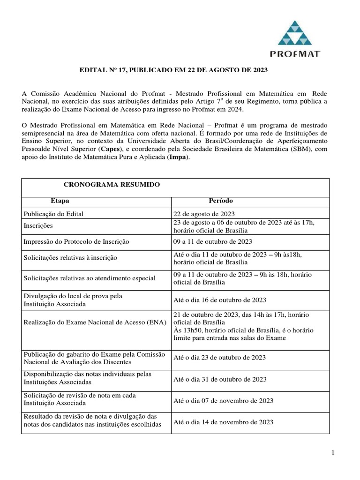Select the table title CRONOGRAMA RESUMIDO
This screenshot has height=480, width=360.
point(112,185)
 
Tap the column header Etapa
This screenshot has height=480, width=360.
point(60,201)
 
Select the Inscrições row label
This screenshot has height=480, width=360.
point(40,226)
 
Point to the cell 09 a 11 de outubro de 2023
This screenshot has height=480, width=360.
point(213,241)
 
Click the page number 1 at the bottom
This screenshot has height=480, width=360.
point(332,452)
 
